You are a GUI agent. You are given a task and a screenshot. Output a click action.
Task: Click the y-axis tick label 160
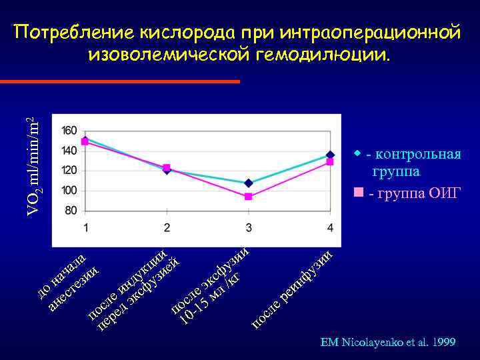click(x=69, y=130)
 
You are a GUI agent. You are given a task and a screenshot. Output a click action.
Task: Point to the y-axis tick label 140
click(x=69, y=151)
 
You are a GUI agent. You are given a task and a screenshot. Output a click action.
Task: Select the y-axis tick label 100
click(x=69, y=191)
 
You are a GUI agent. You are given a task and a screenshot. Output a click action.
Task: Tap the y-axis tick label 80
click(x=71, y=211)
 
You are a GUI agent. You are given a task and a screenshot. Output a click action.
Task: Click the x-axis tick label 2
click(x=167, y=228)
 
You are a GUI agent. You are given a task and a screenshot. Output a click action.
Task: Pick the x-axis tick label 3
click(x=249, y=228)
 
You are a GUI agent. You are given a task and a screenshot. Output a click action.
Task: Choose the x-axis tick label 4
click(x=331, y=228)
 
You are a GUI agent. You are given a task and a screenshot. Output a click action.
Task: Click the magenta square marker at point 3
click(x=249, y=197)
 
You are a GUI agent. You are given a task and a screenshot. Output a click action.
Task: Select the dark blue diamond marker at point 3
click(x=249, y=183)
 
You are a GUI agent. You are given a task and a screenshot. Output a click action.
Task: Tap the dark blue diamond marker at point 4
click(x=330, y=155)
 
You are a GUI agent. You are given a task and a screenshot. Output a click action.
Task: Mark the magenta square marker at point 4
click(x=330, y=162)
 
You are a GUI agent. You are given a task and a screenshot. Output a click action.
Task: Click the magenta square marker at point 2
click(x=167, y=167)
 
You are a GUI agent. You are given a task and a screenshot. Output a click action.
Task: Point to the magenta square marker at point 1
click(x=85, y=141)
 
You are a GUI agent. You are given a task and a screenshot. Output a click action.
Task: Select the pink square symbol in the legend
click(x=359, y=193)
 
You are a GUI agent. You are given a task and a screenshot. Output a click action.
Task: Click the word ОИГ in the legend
click(x=444, y=194)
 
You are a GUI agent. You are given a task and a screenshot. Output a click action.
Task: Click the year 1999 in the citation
click(x=443, y=343)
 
